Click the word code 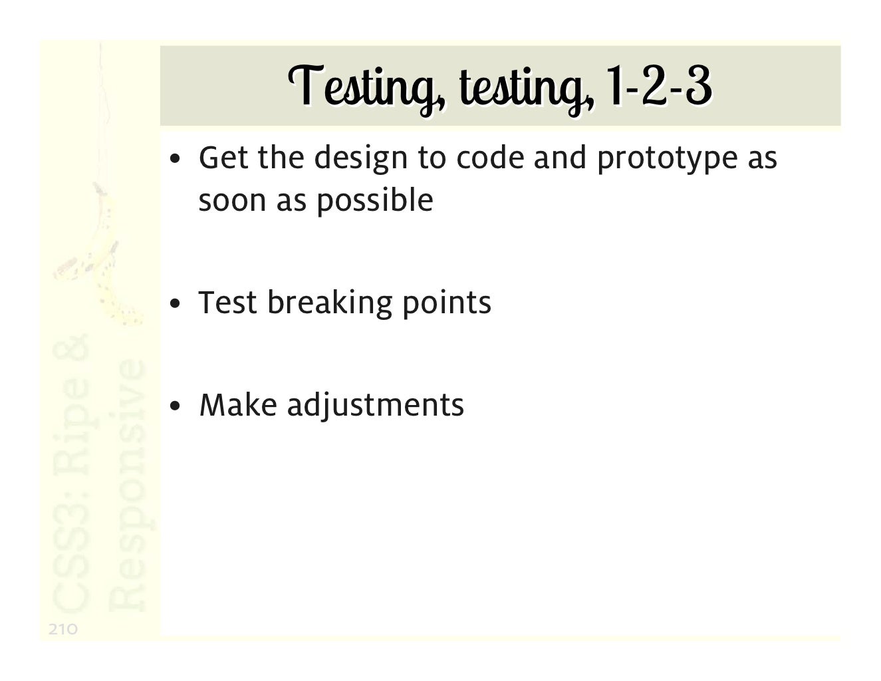[x=488, y=158]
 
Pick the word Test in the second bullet [x=227, y=303]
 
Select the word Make [x=237, y=405]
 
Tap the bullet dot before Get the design [x=174, y=160]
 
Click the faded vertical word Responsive [x=126, y=485]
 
